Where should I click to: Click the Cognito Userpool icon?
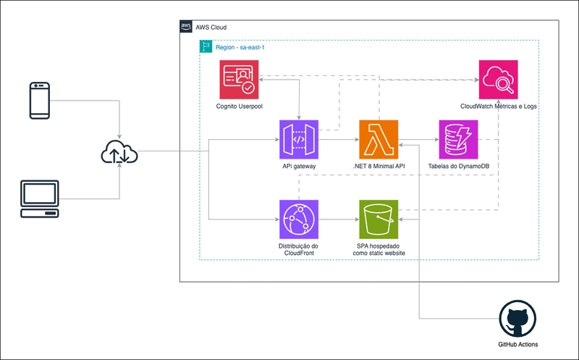[x=239, y=80]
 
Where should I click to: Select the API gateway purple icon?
[x=299, y=139]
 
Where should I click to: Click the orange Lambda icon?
[x=379, y=139]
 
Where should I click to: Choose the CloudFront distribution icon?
[x=299, y=219]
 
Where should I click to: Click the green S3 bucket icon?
[x=379, y=219]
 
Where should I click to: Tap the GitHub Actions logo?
[x=518, y=319]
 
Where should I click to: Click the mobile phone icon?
[x=39, y=101]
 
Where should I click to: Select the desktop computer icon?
[x=40, y=199]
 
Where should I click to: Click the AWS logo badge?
[x=186, y=27]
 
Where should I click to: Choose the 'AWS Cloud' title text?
[x=211, y=27]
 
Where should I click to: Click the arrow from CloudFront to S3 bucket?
[x=339, y=219]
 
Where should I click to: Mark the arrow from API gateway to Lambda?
[x=339, y=139]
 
